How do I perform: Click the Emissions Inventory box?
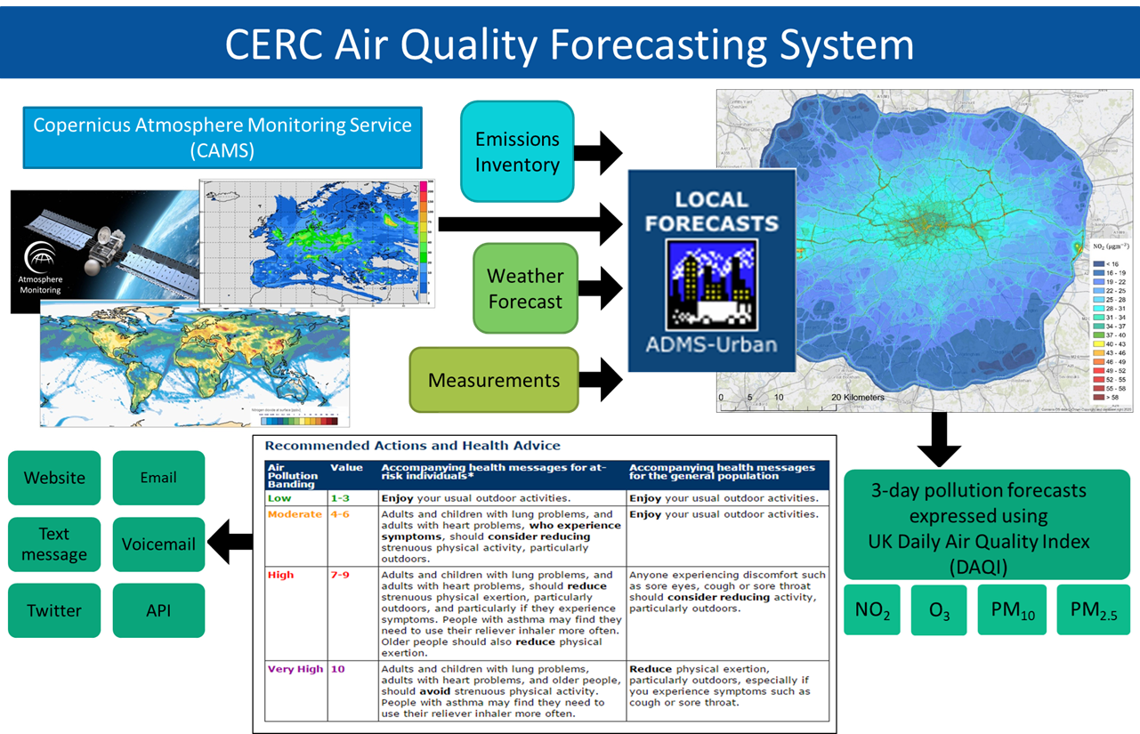517,151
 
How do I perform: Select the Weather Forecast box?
524,288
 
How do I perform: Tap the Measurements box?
494,380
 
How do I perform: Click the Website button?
54,478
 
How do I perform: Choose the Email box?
158,478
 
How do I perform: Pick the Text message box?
54,544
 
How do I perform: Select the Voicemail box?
158,544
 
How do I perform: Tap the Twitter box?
54,610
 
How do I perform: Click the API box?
158,610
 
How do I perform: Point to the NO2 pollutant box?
871,610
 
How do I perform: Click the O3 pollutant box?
939,610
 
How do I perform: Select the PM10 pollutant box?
1012,610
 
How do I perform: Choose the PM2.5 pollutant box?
1093,610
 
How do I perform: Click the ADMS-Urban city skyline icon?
711,284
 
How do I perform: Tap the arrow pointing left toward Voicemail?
230,543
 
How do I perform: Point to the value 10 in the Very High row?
337,669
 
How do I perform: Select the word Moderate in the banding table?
295,514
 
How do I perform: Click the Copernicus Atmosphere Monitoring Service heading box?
222,137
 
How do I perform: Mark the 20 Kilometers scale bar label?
858,398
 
